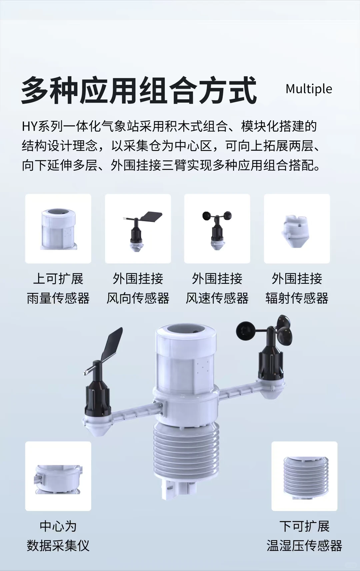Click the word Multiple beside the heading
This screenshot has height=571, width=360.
(309, 89)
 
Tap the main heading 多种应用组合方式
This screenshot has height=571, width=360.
(139, 90)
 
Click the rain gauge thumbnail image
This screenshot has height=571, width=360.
(58, 229)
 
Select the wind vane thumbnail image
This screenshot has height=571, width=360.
(138, 229)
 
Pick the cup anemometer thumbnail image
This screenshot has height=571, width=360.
(217, 229)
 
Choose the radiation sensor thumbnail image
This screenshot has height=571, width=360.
(297, 229)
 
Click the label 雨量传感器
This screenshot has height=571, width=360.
(58, 298)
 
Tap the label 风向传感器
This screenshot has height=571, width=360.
(138, 298)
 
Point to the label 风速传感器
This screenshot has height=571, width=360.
(217, 298)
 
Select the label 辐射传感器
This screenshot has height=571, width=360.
(297, 298)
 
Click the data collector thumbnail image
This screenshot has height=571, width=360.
(58, 476)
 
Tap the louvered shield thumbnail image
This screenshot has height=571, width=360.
(304, 476)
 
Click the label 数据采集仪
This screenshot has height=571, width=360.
(58, 546)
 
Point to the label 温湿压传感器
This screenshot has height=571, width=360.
(304, 546)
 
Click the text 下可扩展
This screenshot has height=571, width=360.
(304, 526)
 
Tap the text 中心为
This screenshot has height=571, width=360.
(58, 526)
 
